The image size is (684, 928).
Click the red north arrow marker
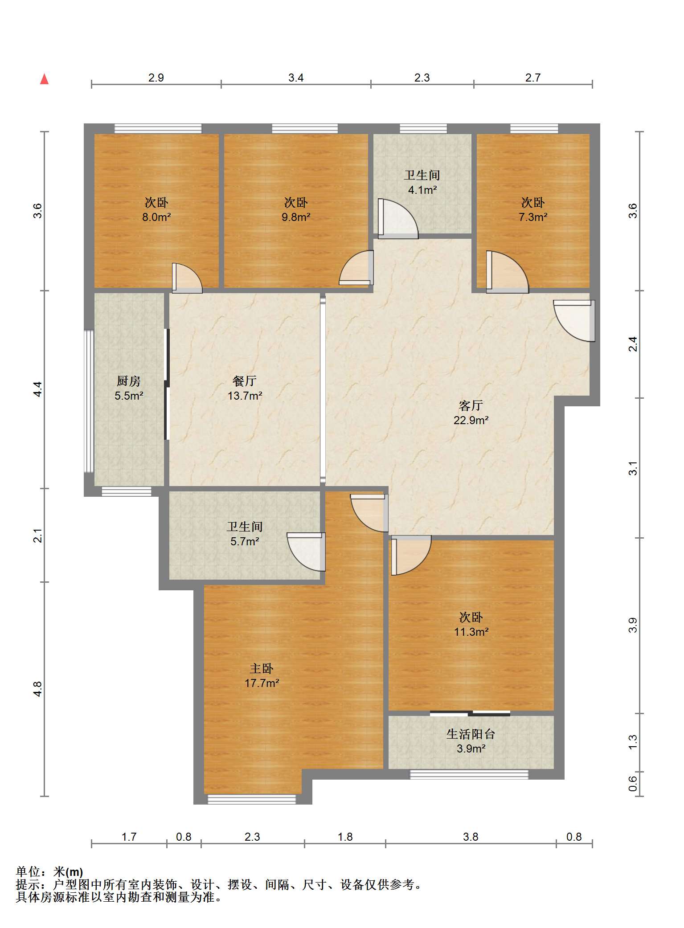[x=44, y=79]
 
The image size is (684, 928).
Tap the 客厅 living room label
[x=471, y=405]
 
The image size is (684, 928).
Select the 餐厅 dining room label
[x=245, y=381]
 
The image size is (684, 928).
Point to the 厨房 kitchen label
[x=129, y=381]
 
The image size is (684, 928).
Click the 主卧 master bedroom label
[x=262, y=668]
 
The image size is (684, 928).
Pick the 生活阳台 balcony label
[x=471, y=734]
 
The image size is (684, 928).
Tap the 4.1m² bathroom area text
[x=422, y=190]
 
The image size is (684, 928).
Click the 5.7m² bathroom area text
[x=245, y=541]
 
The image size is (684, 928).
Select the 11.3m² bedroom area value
[x=471, y=632]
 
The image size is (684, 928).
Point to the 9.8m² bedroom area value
[x=296, y=217]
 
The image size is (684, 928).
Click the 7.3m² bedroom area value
[x=533, y=217]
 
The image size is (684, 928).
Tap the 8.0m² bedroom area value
[x=156, y=217]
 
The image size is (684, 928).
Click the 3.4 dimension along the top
[x=296, y=78]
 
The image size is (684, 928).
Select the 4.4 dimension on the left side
[x=38, y=389]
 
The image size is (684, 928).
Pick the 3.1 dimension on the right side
[x=633, y=468]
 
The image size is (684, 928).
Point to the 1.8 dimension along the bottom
[x=345, y=837]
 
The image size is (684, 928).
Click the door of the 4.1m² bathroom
[x=398, y=218]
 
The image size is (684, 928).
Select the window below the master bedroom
[x=252, y=799]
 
